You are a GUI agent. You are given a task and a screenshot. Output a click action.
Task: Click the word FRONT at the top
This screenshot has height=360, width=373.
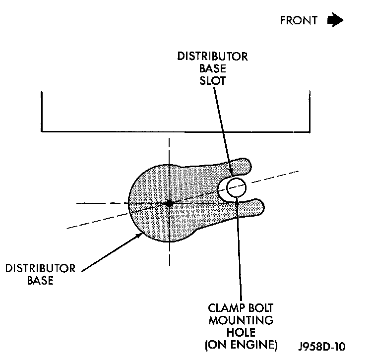299,20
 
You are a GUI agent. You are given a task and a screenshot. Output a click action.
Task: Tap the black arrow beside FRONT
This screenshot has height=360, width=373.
335,20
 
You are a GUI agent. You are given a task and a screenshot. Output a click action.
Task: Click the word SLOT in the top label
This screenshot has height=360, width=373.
213,80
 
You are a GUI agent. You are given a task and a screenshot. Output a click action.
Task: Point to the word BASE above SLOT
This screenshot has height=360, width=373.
213,69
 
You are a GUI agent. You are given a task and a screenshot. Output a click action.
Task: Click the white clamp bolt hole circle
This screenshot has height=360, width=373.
236,187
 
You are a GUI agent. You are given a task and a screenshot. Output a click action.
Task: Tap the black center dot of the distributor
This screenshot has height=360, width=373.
169,203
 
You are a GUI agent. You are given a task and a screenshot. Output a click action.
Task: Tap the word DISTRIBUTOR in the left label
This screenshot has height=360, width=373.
41,269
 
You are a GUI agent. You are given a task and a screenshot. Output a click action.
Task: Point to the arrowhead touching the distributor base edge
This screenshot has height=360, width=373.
140,236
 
